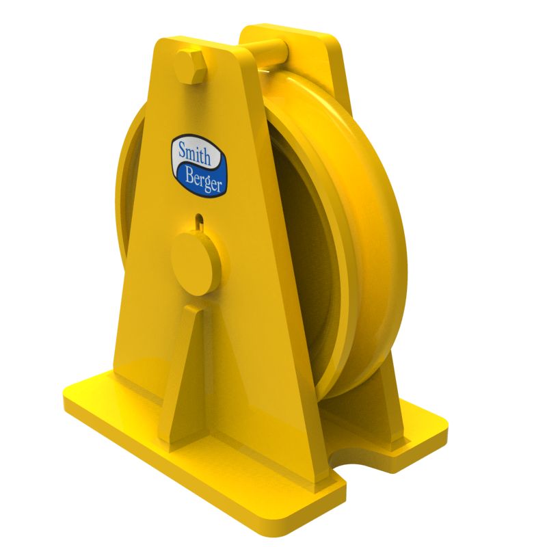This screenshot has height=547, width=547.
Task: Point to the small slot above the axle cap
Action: coord(199,220)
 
